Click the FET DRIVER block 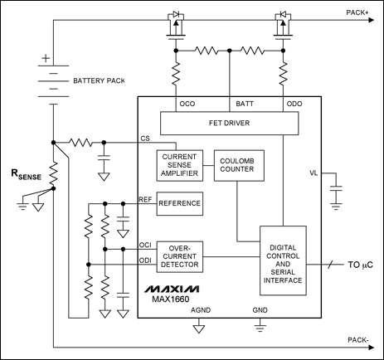click(x=228, y=124)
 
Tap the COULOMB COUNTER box click(x=236, y=163)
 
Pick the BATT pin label click(x=245, y=105)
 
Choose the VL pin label click(x=313, y=173)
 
